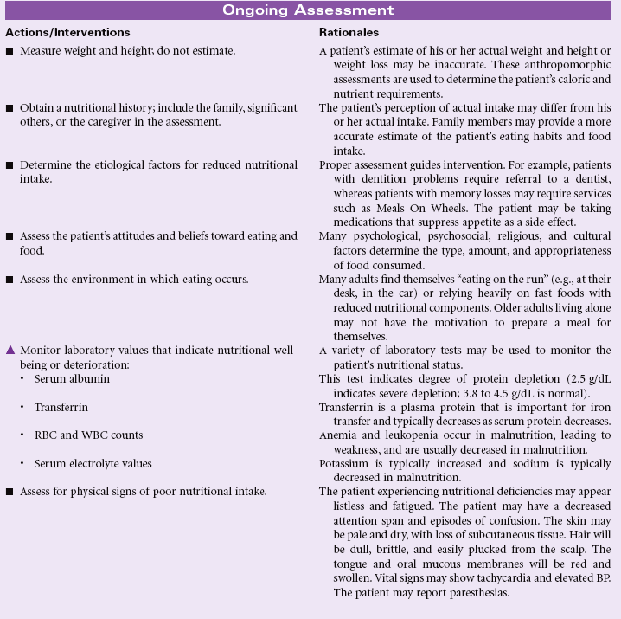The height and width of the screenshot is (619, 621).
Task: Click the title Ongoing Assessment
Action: coord(309,10)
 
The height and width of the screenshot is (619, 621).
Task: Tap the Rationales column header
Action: coord(348,32)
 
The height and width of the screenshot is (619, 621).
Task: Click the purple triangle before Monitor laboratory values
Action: coord(10,350)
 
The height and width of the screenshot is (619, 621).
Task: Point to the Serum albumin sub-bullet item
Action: coord(70,379)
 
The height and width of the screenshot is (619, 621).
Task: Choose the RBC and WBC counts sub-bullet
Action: coord(89,435)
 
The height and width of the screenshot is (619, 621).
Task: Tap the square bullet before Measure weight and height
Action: coord(10,52)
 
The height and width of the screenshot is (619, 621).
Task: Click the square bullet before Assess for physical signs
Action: coord(10,493)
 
